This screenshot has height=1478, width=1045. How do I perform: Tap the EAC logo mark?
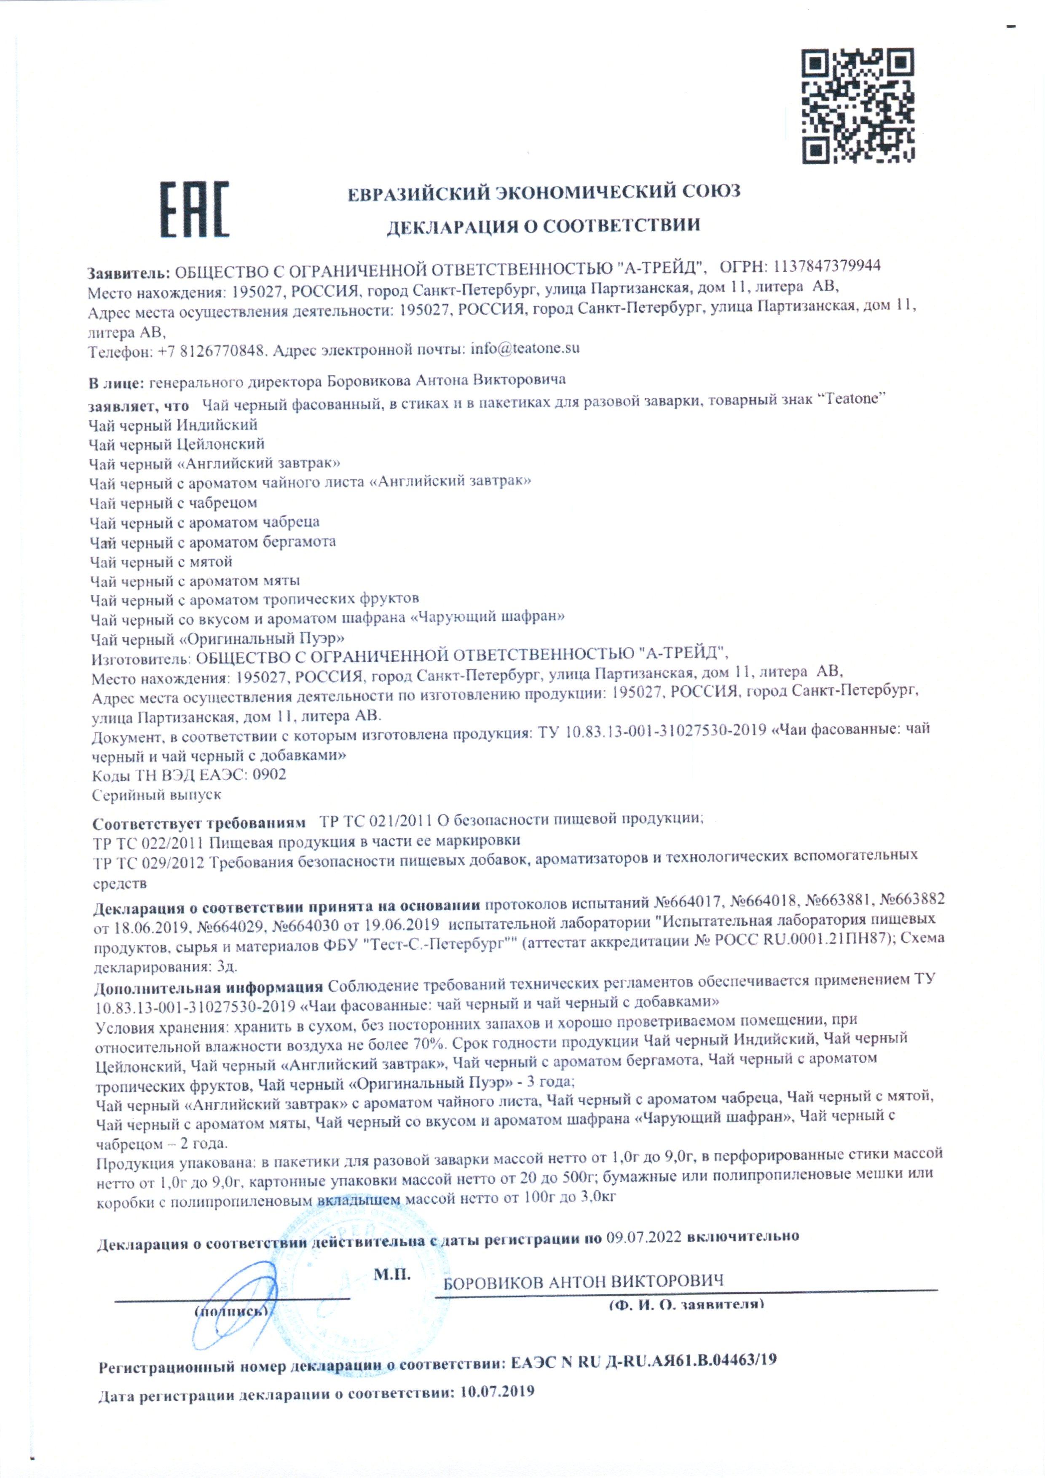194,209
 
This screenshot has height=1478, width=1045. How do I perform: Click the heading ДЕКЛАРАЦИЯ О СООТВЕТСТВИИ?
543,225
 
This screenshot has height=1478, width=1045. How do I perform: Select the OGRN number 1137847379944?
827,266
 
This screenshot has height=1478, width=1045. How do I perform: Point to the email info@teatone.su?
525,349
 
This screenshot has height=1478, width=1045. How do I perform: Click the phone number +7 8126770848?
212,351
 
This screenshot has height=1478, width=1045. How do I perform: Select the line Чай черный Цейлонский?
177,444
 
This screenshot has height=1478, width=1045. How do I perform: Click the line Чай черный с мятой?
161,562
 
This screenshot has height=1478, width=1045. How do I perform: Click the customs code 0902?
269,775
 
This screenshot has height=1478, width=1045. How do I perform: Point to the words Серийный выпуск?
156,795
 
